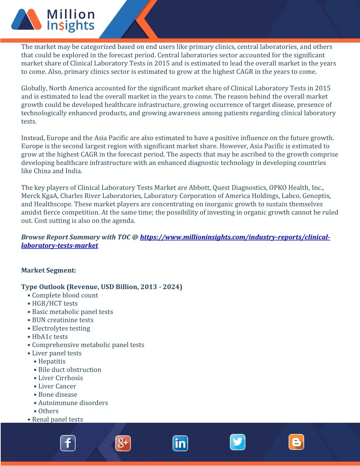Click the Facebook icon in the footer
(x=68, y=443)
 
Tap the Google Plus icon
(x=123, y=443)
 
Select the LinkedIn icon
(x=180, y=443)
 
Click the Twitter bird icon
(x=238, y=442)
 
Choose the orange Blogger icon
(x=296, y=442)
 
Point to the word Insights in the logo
(x=71, y=26)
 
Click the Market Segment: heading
(x=49, y=270)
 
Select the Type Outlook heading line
(x=102, y=287)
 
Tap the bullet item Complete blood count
(x=65, y=295)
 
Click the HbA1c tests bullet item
(x=50, y=337)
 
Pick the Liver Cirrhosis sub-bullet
(x=60, y=378)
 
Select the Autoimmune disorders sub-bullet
(x=73, y=403)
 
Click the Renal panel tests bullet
(x=58, y=419)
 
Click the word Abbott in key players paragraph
(x=199, y=188)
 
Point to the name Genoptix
(x=316, y=196)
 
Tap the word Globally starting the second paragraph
(x=34, y=88)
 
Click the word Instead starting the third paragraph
(x=32, y=138)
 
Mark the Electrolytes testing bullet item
(x=61, y=328)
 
